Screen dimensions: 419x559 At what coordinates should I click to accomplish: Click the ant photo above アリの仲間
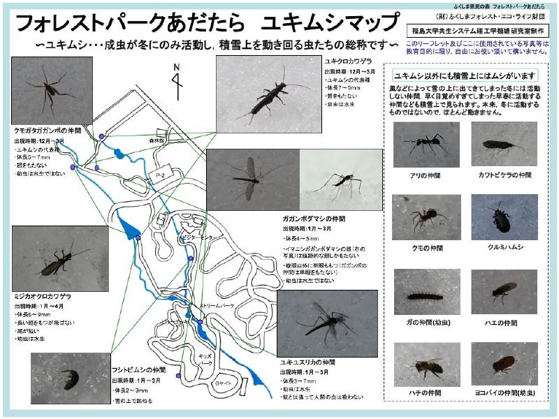[x=426, y=144]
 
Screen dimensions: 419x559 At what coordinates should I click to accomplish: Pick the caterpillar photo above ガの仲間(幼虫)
[x=426, y=292]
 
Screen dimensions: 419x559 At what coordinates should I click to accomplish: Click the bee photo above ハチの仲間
[x=426, y=364]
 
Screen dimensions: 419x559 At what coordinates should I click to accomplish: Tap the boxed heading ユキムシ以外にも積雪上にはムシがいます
[x=465, y=75]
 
